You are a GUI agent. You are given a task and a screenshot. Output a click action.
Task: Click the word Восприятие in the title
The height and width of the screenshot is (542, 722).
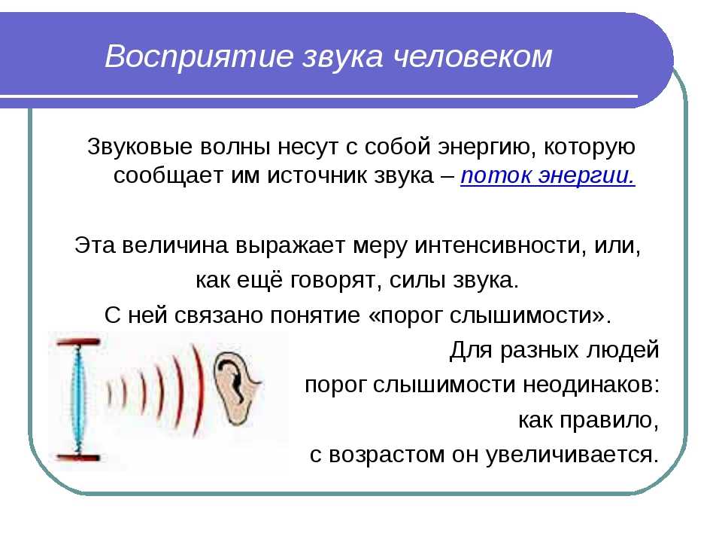[199, 57]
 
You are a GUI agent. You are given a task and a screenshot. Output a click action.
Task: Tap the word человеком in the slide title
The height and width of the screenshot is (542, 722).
[473, 56]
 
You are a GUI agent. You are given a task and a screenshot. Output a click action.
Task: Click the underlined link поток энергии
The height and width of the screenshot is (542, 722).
[548, 176]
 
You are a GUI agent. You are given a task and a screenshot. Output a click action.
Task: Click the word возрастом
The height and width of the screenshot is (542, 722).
[387, 455]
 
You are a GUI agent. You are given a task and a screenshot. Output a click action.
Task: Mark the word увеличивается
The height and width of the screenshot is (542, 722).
[572, 455]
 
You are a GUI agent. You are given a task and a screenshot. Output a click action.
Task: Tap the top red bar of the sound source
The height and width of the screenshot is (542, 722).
[77, 343]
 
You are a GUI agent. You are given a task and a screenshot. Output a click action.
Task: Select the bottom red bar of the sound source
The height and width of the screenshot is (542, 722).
[77, 458]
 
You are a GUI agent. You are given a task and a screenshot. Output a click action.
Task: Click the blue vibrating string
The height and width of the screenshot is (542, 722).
[78, 400]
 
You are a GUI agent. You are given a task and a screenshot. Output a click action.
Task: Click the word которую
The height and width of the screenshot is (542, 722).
[590, 148]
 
